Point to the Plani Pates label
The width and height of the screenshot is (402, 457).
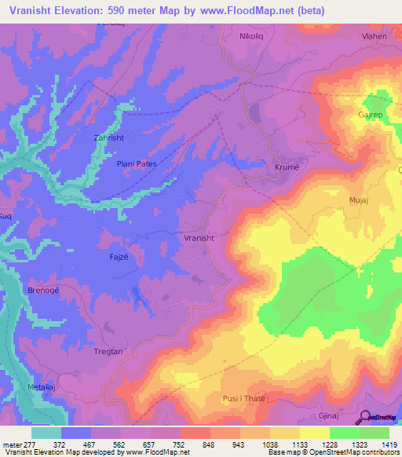pos(137,163)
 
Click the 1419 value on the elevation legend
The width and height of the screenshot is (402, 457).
pos(389,444)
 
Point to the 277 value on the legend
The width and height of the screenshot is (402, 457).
pos(29,444)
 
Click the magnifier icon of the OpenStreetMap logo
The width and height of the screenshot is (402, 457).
pos(366,416)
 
